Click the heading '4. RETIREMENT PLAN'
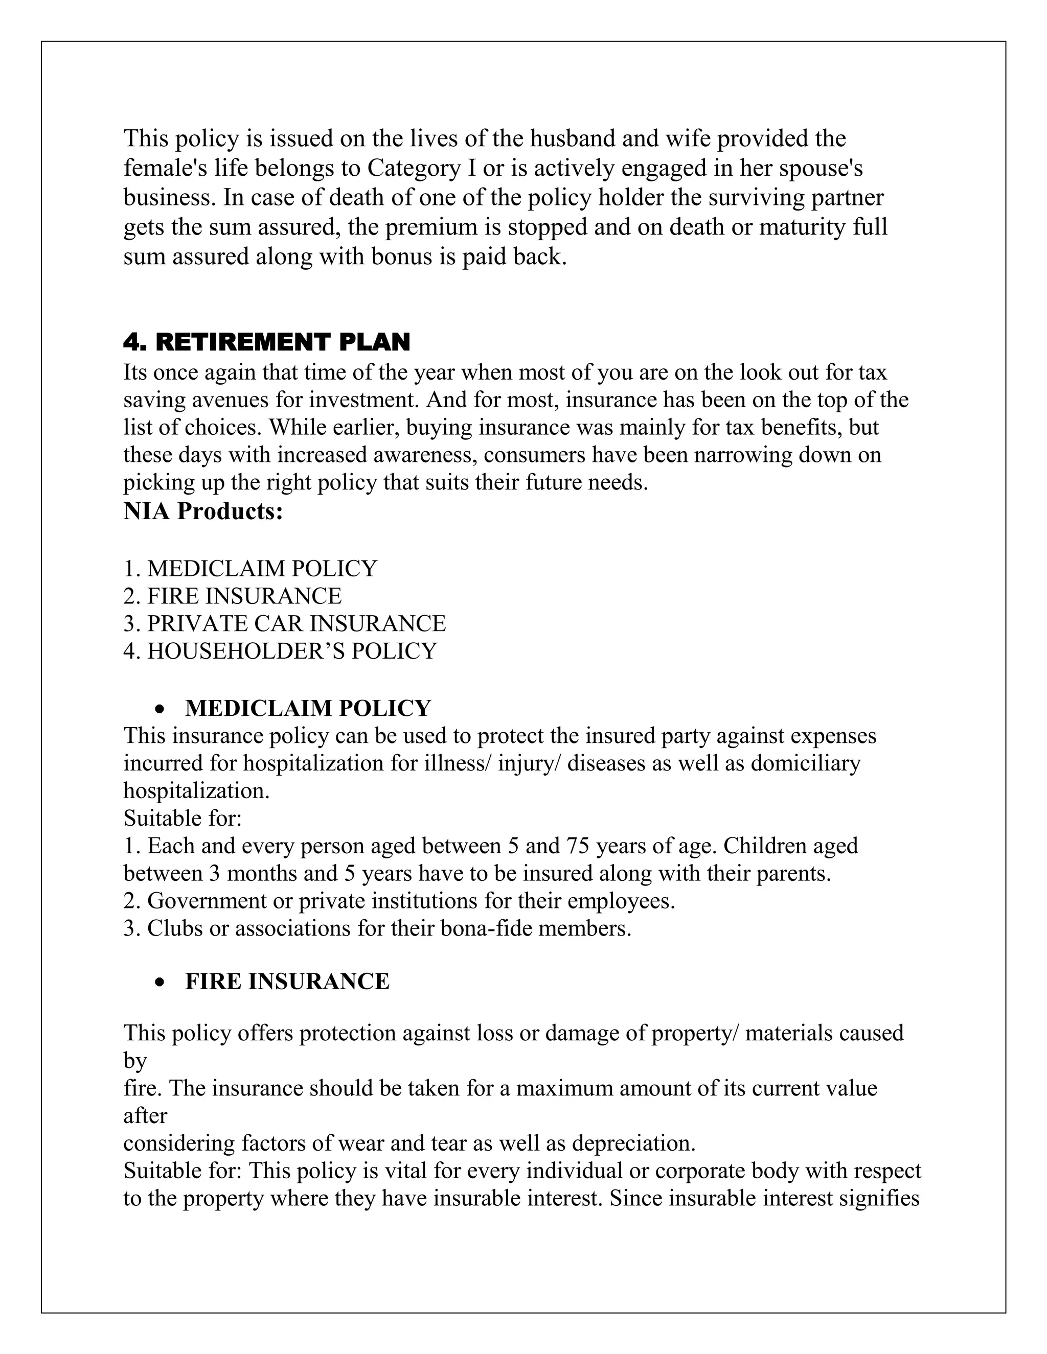[x=267, y=342]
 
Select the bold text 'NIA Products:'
[x=203, y=511]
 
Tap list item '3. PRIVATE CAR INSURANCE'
[x=284, y=623]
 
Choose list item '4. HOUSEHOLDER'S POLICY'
[x=280, y=651]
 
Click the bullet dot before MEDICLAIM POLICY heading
[x=161, y=709]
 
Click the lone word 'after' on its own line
[x=145, y=1115]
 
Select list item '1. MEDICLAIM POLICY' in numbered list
[x=250, y=568]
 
